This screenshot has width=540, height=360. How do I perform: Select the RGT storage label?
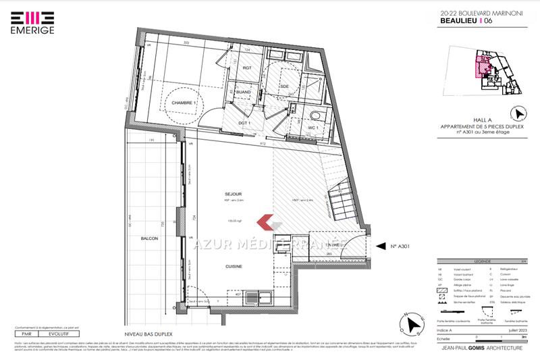(x=247, y=68)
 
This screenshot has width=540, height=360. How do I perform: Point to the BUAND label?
(x=235, y=92)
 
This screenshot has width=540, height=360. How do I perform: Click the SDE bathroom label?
(x=284, y=87)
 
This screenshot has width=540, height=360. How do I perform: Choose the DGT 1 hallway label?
(x=245, y=124)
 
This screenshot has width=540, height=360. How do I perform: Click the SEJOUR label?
(x=233, y=193)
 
